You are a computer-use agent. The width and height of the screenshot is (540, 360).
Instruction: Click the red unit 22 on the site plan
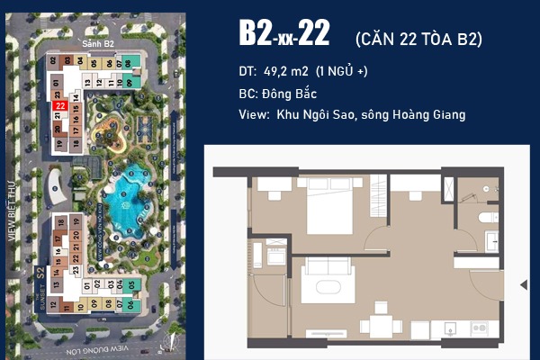(58, 105)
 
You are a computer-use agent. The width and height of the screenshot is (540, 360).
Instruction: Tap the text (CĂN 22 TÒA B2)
(418, 38)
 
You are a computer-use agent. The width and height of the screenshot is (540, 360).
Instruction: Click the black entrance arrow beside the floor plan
(525, 284)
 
